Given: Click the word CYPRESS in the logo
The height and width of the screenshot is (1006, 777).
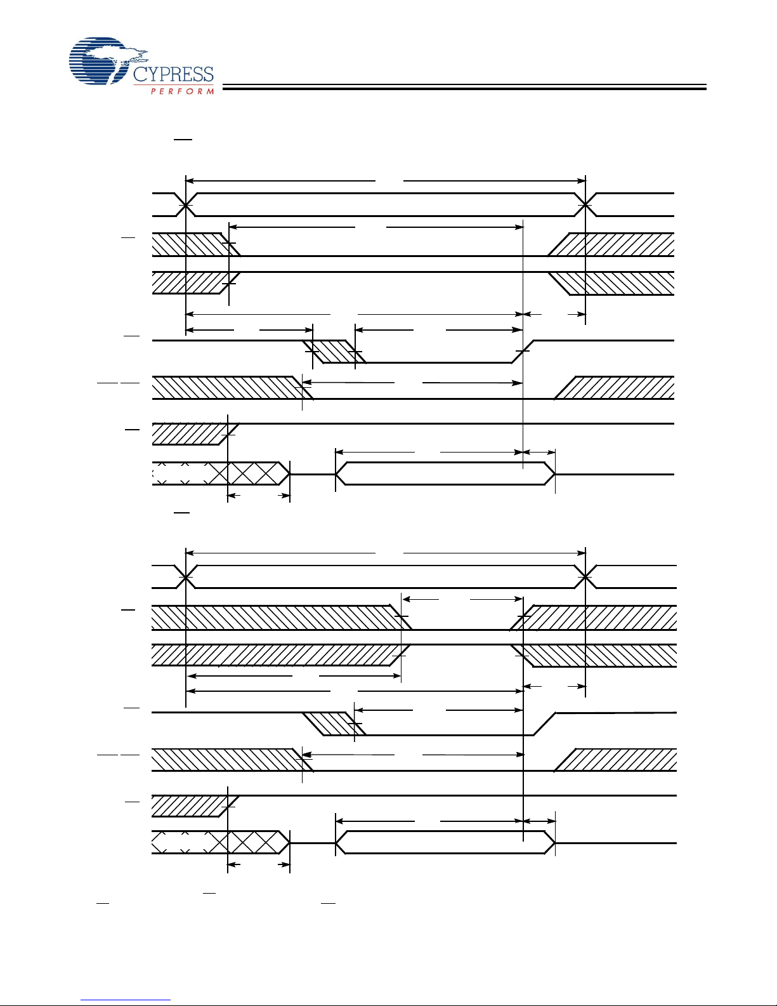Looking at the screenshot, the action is pos(173,75).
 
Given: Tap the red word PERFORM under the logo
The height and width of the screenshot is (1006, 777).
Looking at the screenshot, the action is pos(182,91).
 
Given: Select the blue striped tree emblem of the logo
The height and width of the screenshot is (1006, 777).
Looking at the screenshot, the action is pos(107,61).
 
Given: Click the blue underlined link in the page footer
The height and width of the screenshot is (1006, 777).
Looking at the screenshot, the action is pos(126,998).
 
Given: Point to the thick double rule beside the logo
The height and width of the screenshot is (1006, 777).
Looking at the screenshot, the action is pos(464,87).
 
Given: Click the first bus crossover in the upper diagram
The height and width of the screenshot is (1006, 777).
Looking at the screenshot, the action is pos(185,204).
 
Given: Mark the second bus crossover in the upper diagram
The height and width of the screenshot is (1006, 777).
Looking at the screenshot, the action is pos(585,204).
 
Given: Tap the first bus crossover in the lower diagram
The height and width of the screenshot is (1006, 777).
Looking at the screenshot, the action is pos(185,577).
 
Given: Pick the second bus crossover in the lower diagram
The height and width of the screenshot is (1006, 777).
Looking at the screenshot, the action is pos(585,577).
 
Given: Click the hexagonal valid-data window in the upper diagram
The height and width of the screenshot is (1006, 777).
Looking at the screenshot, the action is pos(445,473).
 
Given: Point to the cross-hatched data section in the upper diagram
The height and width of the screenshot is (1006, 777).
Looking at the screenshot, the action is pos(221,473).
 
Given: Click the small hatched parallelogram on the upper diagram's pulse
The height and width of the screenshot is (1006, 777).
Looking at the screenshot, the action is pos(334,352).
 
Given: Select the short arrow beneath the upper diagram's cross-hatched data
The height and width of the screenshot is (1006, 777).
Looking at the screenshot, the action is pos(259,496).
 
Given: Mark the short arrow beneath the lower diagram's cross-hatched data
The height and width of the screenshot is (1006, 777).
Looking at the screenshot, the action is pos(259,864).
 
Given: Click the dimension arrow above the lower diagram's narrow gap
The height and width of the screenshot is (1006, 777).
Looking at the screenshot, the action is pos(462,600).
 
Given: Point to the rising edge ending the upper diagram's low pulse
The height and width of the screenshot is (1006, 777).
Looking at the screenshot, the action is pos(523,352).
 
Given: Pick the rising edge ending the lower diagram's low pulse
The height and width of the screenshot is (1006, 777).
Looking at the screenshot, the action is pos(544,724).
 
